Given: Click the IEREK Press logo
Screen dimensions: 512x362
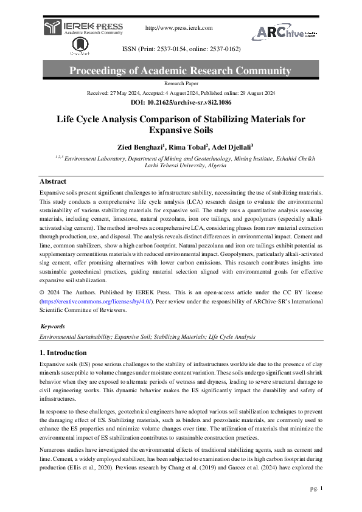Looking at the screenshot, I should click(83, 28).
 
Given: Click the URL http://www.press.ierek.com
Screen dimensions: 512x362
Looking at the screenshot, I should click(179, 28).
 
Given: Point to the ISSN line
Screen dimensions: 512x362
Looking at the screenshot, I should click(181, 48).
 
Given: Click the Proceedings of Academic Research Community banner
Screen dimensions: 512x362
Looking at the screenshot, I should click(181, 71).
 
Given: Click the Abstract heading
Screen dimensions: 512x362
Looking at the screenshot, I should click(53, 181).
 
